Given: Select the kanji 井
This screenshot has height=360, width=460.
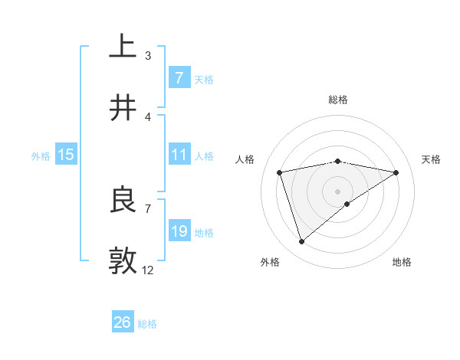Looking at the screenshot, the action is pyautogui.click(x=123, y=108).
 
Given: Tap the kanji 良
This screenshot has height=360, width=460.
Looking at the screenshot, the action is pyautogui.click(x=123, y=200).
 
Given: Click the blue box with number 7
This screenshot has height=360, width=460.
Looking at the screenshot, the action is pyautogui.click(x=179, y=77).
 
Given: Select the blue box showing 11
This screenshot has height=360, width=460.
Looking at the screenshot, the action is pyautogui.click(x=179, y=155).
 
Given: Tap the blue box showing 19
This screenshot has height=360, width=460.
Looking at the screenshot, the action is pyautogui.click(x=179, y=231).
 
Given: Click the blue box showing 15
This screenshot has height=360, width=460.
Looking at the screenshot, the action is pyautogui.click(x=66, y=155).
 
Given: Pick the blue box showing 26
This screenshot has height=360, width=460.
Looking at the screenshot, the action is pyautogui.click(x=122, y=322).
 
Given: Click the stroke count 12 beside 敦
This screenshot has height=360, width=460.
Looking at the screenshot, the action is pyautogui.click(x=147, y=270).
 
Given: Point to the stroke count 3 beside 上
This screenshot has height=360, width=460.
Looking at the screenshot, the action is pyautogui.click(x=147, y=55).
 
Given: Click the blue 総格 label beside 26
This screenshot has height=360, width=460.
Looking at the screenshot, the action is pyautogui.click(x=147, y=324).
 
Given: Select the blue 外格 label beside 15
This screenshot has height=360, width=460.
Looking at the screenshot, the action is pyautogui.click(x=41, y=155).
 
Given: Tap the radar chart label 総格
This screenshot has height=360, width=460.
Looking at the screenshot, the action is pyautogui.click(x=338, y=100).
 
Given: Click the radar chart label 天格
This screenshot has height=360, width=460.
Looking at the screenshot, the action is pyautogui.click(x=431, y=159).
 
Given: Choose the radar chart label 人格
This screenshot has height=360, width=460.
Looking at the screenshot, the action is pyautogui.click(x=245, y=159).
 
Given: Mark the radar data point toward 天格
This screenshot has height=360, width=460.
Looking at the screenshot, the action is pyautogui.click(x=396, y=172).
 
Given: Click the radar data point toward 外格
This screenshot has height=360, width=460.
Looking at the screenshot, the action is pyautogui.click(x=301, y=242).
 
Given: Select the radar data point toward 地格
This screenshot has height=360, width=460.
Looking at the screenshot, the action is pyautogui.click(x=347, y=204).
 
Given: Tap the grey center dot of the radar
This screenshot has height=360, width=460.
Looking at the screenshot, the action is pyautogui.click(x=338, y=191).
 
